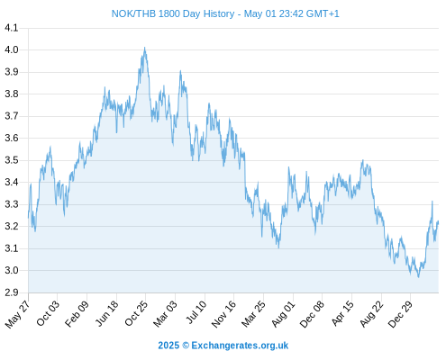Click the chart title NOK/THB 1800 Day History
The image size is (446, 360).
[173, 13]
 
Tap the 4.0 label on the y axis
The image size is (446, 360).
[12, 49]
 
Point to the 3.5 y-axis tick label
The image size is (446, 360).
[12, 160]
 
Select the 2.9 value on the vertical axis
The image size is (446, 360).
[12, 292]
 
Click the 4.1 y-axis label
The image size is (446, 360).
[12, 28]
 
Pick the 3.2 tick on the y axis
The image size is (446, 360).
[12, 226]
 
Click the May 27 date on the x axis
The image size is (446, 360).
[18, 314]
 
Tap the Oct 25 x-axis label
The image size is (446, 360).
[137, 313]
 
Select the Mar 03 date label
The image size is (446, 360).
[166, 314]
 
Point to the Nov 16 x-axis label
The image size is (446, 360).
[224, 314]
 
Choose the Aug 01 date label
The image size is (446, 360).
[284, 314]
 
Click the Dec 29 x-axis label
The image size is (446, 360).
[401, 314]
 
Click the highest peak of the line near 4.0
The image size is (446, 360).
[145, 48]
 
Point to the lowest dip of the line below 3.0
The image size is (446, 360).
[418, 276]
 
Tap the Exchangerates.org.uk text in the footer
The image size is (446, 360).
[240, 346]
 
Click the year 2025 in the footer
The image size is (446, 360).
[168, 346]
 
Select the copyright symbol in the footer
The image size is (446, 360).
[186, 346]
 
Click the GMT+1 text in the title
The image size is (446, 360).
[323, 13]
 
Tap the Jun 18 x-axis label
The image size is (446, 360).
[107, 313]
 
